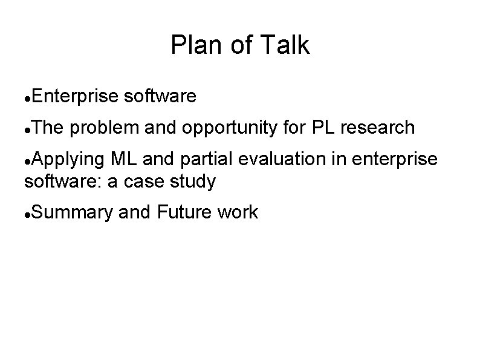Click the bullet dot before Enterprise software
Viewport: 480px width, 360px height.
click(x=27, y=97)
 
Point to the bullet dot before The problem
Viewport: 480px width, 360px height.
click(x=27, y=128)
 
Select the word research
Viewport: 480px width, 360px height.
click(x=378, y=128)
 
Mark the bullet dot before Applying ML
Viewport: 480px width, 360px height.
click(x=27, y=160)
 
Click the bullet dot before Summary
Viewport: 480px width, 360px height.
click(x=27, y=213)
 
